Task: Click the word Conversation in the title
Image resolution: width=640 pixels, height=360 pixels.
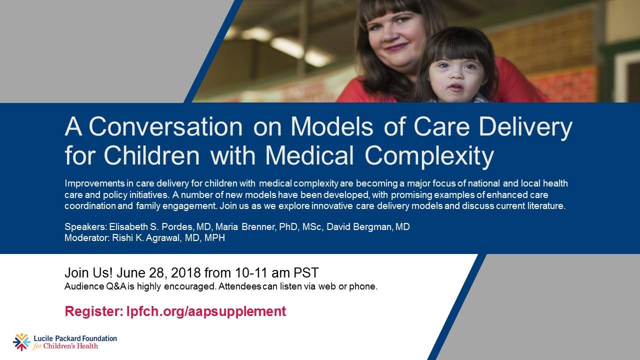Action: pos(165,126)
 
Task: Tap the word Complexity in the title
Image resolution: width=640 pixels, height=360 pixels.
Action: pos(429,156)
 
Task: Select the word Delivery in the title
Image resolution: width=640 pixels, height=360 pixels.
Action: pos(525,127)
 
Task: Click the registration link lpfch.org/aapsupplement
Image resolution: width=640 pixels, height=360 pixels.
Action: pos(206,311)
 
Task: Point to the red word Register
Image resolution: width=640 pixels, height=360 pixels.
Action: pos(94,311)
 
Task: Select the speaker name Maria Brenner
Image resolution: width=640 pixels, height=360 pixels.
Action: pos(245,226)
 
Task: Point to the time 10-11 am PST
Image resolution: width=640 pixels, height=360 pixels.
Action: pos(276,272)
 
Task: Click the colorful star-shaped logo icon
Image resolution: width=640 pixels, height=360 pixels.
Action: pos(21,341)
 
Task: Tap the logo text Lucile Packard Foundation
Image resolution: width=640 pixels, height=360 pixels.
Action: pos(75,338)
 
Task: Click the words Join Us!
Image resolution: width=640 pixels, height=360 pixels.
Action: pos(88,272)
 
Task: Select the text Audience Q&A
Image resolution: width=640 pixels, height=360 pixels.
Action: pos(95,286)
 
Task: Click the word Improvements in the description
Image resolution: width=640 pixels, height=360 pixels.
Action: pos(94,183)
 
